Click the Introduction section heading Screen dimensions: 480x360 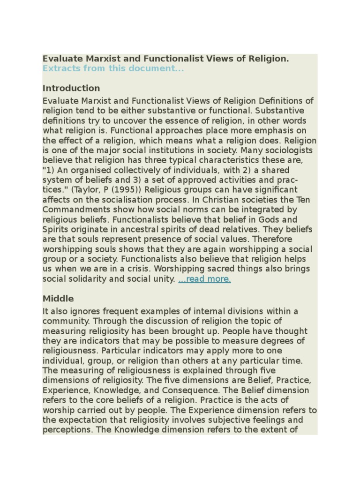[71, 88]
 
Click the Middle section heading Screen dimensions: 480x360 [58, 299]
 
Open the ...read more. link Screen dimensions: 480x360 [204, 279]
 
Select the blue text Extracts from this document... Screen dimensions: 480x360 [113, 68]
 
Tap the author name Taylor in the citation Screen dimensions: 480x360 [96, 190]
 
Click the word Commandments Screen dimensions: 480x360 [74, 210]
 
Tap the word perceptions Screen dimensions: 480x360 [67, 429]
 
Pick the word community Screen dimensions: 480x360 [65, 321]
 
